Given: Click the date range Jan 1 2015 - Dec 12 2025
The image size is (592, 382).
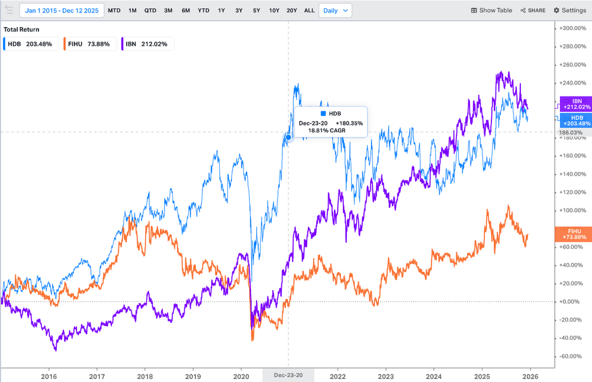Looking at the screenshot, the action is (62, 11).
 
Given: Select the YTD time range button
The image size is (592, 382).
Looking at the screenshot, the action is (204, 11).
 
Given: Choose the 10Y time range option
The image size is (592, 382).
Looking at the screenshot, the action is (274, 11).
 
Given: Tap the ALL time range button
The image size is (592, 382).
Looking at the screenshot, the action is (309, 11).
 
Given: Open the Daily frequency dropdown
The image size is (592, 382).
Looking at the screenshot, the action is (335, 11).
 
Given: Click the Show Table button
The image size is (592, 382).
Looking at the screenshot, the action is (491, 11).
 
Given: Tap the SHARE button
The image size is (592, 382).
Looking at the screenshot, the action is (533, 11).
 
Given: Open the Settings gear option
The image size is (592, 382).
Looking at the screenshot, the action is (570, 11).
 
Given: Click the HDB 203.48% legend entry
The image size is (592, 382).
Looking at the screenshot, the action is (31, 44).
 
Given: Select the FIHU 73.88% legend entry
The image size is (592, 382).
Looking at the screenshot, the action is (89, 44).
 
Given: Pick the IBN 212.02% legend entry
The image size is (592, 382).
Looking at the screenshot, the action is (147, 44).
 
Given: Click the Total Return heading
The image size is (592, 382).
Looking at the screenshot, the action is (21, 30).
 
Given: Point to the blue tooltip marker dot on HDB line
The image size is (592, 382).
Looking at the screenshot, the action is (288, 137).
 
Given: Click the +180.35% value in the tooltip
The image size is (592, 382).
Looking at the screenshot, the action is (349, 123).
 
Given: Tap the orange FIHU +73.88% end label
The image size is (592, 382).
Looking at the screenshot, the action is (574, 235).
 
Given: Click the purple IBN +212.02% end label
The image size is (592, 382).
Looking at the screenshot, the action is (576, 104).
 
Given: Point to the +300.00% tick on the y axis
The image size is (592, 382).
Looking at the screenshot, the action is (572, 28).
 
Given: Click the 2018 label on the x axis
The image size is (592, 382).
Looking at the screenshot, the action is (145, 376).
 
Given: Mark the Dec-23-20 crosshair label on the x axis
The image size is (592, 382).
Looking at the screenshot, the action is (288, 375).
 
